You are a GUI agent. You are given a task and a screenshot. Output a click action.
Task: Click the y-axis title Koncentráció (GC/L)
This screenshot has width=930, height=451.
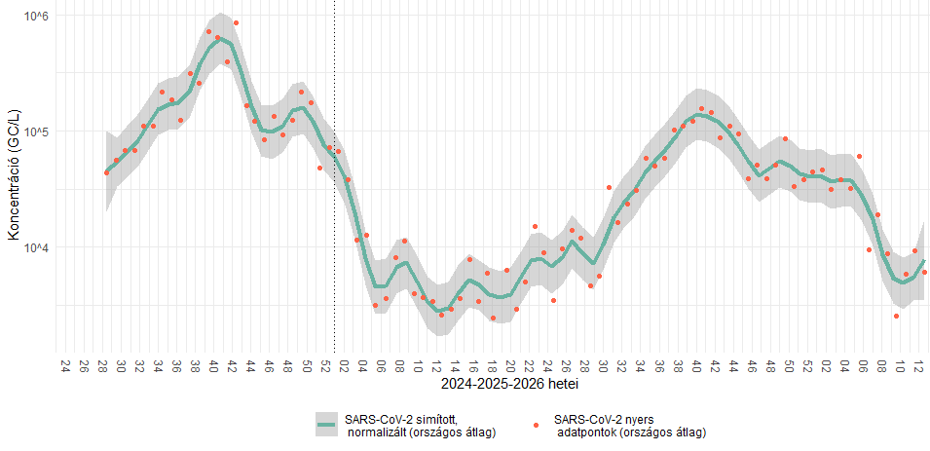click(13, 174)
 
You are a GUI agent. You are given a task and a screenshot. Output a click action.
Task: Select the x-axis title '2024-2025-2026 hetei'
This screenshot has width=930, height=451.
click(510, 384)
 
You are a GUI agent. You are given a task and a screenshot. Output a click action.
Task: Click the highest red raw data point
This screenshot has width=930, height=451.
click(236, 23)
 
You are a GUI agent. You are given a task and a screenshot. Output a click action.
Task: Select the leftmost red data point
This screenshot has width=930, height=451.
click(107, 172)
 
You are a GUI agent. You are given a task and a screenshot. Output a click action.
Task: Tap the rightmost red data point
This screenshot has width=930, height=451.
click(925, 273)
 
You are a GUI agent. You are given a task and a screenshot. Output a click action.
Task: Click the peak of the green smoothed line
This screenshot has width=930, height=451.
click(221, 39)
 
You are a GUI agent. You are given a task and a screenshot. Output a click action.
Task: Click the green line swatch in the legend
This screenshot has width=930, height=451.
click(328, 425)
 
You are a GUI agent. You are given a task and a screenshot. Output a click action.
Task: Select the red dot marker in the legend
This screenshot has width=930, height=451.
click(537, 425)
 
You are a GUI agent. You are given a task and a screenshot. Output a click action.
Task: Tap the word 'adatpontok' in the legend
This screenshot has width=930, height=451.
click(586, 433)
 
